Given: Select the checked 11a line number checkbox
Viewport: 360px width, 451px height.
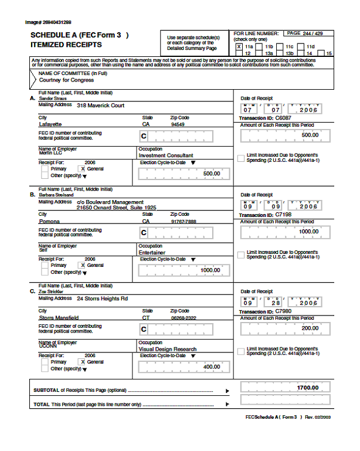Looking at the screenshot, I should point(239,46).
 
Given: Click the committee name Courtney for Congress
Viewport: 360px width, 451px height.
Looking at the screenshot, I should point(57,80).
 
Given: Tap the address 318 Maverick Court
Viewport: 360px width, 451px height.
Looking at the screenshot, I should point(100,105).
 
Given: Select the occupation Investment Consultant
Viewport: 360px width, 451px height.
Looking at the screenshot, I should point(166,155).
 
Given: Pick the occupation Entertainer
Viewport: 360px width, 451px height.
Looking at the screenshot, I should point(152,252).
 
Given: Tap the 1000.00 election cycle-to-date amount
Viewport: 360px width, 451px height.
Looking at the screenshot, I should point(210,270).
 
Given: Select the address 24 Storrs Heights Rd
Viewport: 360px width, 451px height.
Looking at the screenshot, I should point(102,298).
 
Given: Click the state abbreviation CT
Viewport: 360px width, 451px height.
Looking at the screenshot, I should point(145,318).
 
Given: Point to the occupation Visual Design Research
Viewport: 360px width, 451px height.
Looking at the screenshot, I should point(167,348).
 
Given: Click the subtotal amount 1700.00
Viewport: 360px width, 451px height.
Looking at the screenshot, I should point(307,388).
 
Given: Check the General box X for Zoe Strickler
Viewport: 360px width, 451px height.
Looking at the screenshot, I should point(82,362).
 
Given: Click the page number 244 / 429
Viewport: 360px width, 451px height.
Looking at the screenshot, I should point(310,33).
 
